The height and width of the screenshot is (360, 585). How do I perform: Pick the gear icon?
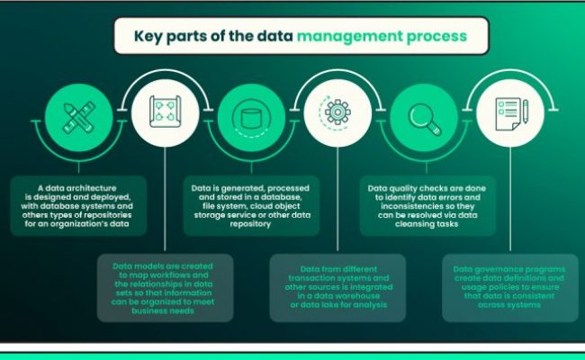pyautogui.click(x=336, y=114)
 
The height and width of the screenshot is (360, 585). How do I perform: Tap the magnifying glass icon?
pyautogui.click(x=423, y=116)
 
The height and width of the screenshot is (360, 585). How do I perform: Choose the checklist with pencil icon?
pyautogui.click(x=509, y=114)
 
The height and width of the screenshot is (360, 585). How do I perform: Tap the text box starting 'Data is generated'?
pyautogui.click(x=253, y=204)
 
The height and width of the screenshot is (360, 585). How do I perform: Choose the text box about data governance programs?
pyautogui.click(x=509, y=286)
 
